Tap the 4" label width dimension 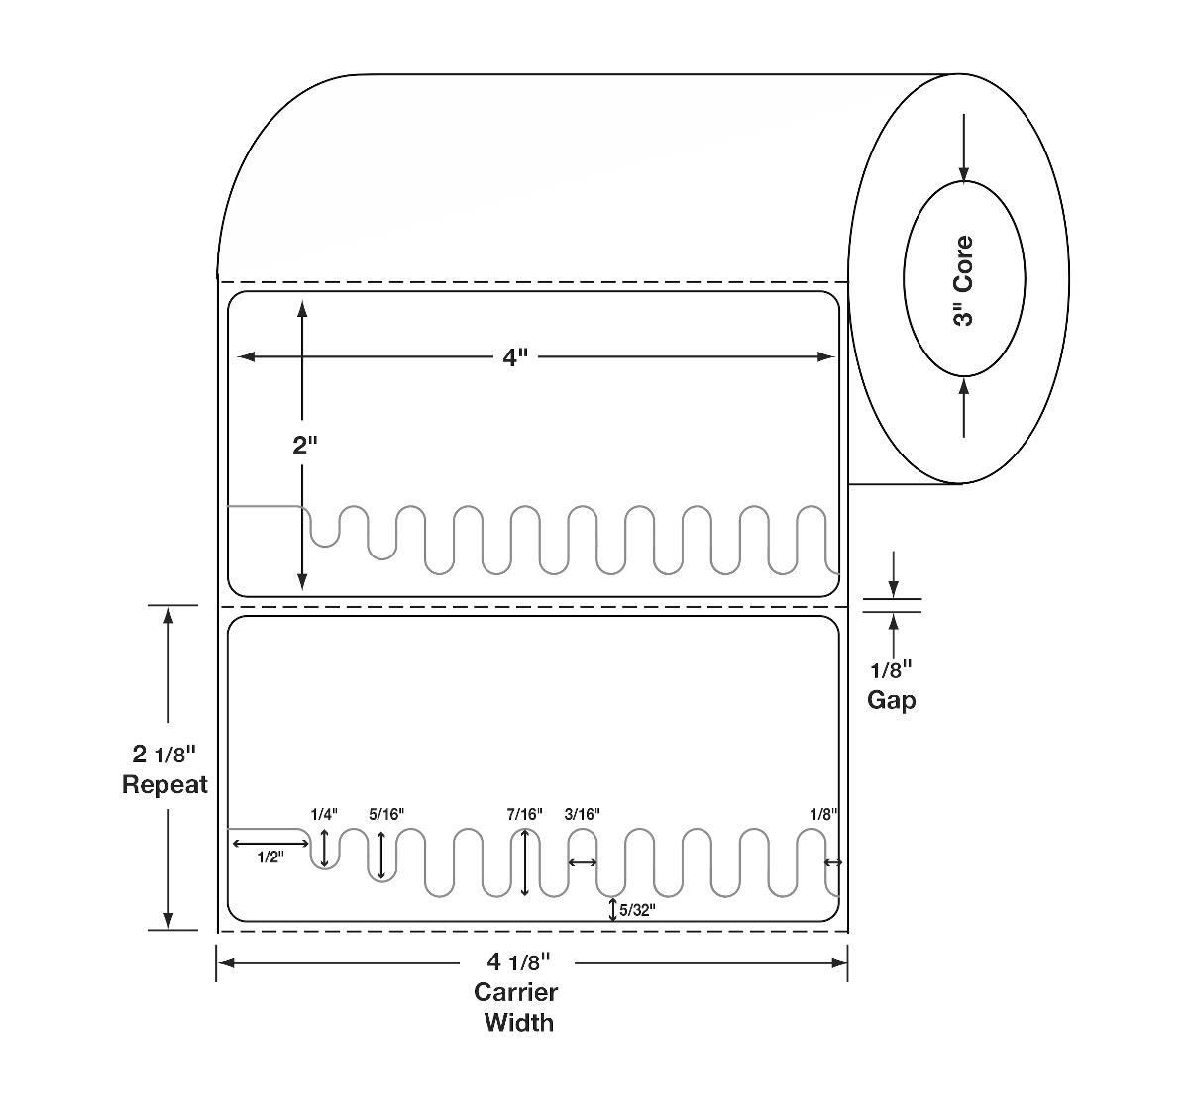[x=511, y=357]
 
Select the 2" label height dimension [x=303, y=445]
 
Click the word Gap [x=891, y=700]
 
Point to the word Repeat [x=164, y=785]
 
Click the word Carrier [x=515, y=992]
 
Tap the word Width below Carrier [x=518, y=1022]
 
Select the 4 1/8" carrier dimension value [x=517, y=961]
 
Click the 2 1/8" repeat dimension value [x=164, y=756]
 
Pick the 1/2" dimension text [x=270, y=857]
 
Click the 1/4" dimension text [x=324, y=814]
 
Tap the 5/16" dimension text [x=386, y=814]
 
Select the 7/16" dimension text [x=525, y=814]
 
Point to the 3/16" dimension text [x=583, y=814]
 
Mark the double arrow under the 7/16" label [x=525, y=861]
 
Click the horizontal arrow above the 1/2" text [x=270, y=843]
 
